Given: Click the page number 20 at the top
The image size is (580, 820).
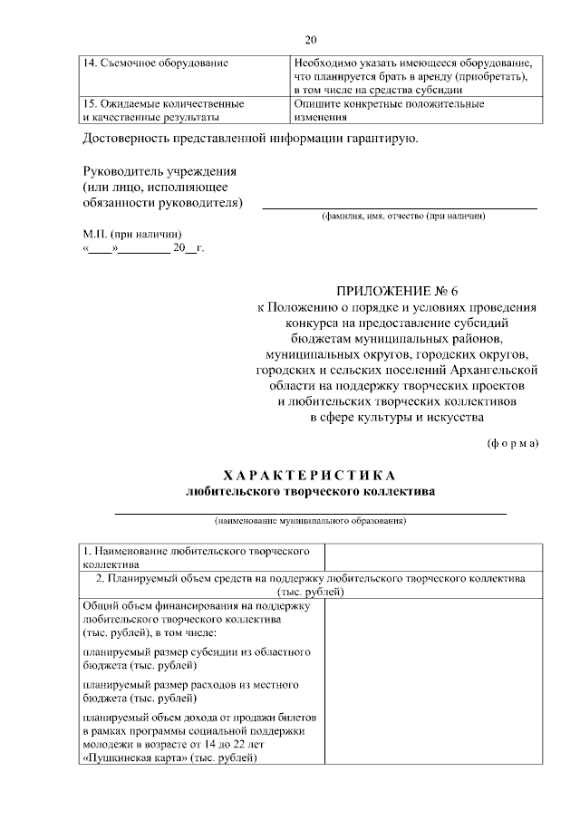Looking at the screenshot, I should (310, 40).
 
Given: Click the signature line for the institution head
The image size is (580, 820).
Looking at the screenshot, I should (399, 207).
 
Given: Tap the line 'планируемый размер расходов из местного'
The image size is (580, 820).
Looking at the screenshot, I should (190, 685).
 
